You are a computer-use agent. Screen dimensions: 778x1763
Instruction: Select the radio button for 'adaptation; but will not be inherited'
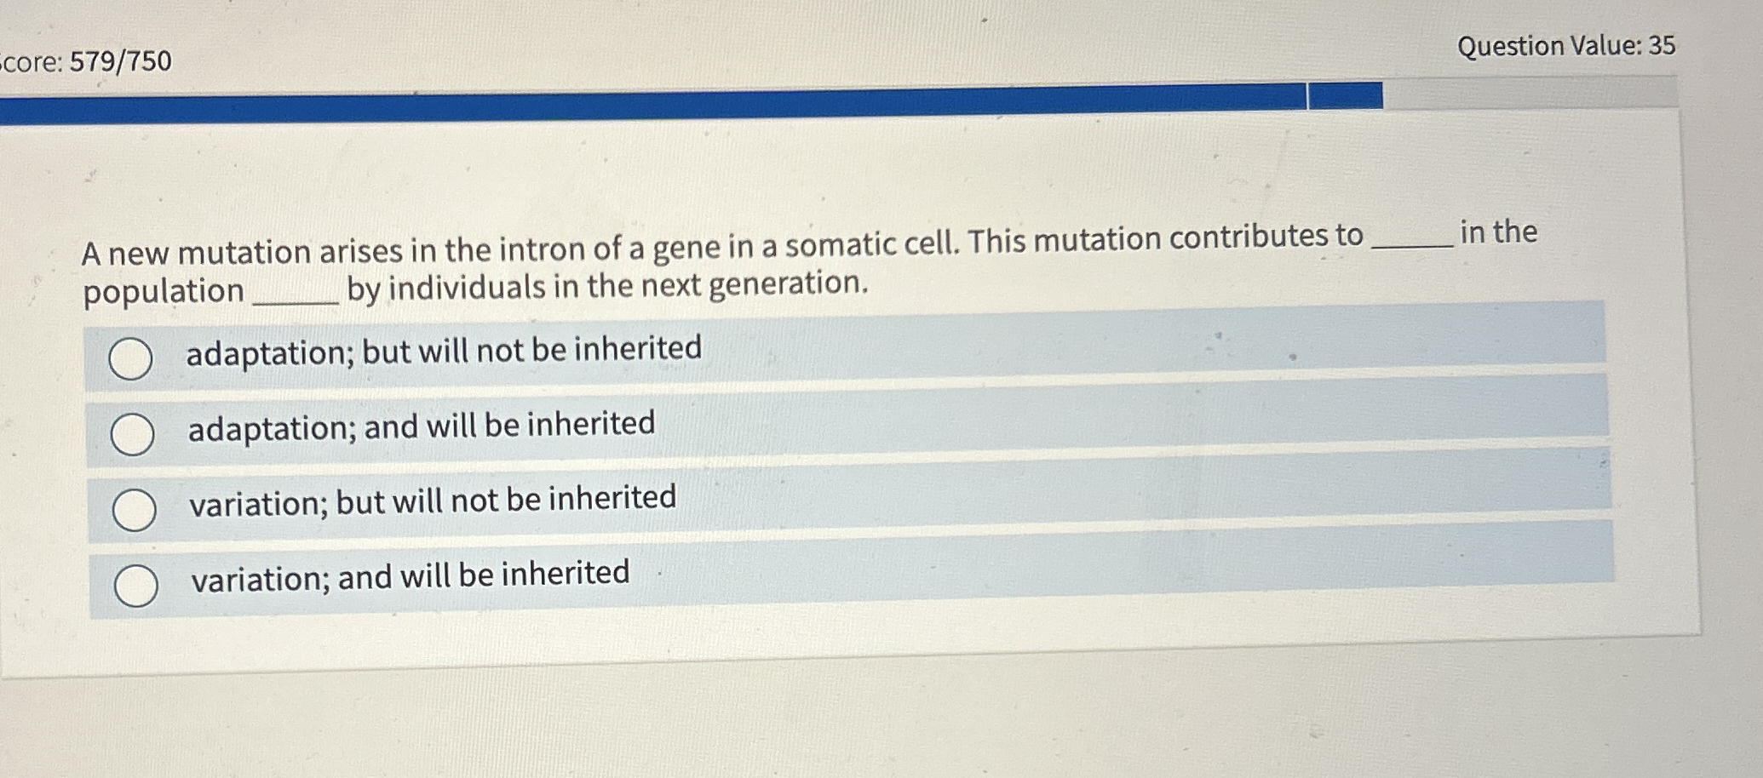pos(131,358)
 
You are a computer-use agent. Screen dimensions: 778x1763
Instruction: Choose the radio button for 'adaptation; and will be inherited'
pos(133,434)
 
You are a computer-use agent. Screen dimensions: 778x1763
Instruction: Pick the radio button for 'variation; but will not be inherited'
pos(135,510)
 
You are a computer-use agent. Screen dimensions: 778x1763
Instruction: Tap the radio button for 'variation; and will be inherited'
pos(136,586)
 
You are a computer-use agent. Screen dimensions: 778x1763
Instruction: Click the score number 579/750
pos(121,61)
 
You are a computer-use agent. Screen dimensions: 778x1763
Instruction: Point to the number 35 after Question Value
pos(1662,45)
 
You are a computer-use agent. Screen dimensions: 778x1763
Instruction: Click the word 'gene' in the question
pos(686,248)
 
